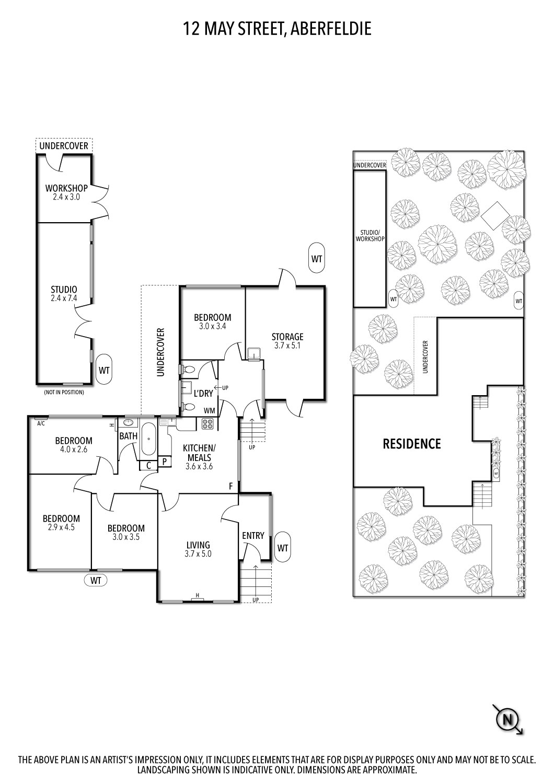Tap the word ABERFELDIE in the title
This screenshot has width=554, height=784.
coord(331,28)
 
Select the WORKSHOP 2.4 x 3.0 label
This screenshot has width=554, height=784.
coord(66,192)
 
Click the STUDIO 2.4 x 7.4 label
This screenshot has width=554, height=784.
coord(64,294)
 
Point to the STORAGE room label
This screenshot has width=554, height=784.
coord(287,341)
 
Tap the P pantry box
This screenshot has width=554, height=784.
coord(165,462)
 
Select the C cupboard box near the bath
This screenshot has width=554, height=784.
coord(149,465)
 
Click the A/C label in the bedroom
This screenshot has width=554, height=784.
coord(41,423)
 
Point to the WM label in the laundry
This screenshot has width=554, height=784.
coord(209,410)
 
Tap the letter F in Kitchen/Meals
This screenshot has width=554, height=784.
coord(231,486)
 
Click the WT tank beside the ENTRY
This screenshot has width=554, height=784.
coord(282,548)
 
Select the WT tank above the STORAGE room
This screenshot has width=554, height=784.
coord(317,259)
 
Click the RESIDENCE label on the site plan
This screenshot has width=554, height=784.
coord(411,444)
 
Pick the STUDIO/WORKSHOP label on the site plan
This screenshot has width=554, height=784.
coord(370,236)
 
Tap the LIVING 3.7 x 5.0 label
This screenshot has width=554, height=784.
coord(199,549)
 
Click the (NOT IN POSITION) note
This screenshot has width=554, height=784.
coord(64,393)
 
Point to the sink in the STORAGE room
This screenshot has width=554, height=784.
coord(253,353)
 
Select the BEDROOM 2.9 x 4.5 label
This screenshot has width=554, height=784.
coord(61,523)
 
